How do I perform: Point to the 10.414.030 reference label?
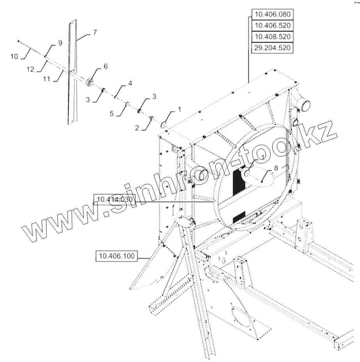point(115,199)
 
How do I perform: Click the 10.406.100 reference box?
point(117,256)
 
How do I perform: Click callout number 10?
point(14,57)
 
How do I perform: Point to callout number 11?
point(47,79)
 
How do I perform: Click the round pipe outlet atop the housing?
point(305,104)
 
